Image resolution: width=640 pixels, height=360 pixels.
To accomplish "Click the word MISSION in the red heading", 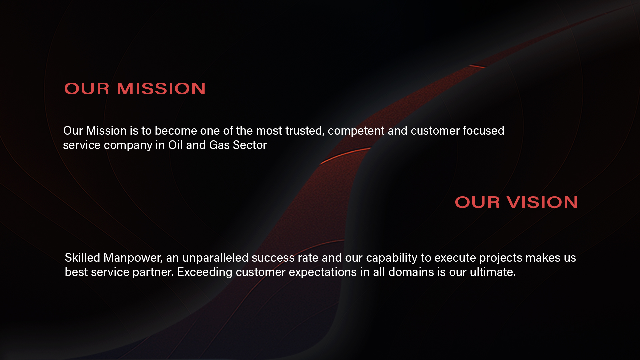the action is click(161, 89).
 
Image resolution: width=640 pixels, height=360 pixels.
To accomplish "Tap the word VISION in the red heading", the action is click(542, 202).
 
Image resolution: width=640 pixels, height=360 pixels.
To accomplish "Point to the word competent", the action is click(356, 131).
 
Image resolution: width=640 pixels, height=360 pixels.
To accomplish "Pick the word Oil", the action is click(175, 145).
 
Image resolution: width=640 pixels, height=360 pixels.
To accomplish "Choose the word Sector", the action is click(250, 145).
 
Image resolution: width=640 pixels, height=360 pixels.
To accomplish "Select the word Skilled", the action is click(82, 258).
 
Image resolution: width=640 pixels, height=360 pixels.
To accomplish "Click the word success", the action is click(273, 258).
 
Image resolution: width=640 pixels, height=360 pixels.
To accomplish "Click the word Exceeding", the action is click(205, 272).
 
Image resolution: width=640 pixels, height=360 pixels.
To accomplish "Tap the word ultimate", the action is click(493, 272).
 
